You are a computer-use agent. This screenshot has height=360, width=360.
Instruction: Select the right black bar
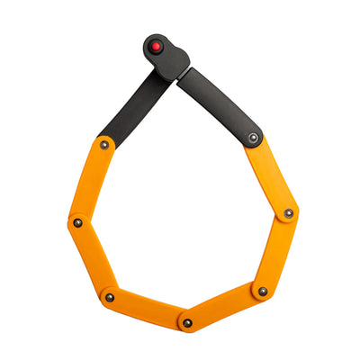[x=220, y=104]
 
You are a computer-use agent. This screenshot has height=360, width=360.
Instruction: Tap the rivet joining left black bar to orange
[x=104, y=145]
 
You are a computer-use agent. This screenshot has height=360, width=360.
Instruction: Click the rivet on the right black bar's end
[x=254, y=138]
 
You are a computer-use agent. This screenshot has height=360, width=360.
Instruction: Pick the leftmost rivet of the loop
[x=78, y=222]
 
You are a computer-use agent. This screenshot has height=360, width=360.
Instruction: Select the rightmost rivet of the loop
[x=288, y=213]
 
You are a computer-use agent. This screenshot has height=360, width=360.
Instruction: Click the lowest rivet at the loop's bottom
[x=187, y=322]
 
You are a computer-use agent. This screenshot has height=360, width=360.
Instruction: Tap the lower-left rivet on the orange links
[x=110, y=297]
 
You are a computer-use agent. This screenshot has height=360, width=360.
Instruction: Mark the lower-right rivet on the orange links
[x=262, y=291]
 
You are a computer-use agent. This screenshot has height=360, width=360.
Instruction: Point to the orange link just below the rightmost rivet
[x=275, y=252]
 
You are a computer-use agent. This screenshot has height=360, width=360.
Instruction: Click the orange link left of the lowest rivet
[x=148, y=310]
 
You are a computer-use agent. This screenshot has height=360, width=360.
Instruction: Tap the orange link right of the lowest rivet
[x=225, y=307]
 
